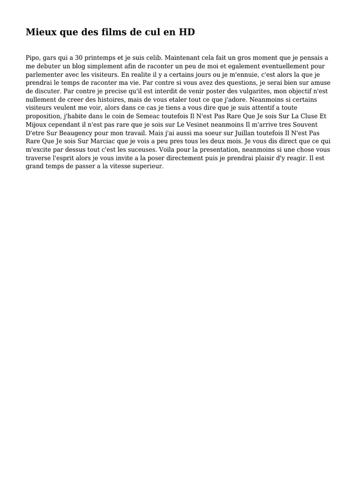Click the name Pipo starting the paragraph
click(x=32, y=58)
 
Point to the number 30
click(x=79, y=58)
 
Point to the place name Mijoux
click(x=36, y=125)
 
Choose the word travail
click(x=134, y=134)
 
